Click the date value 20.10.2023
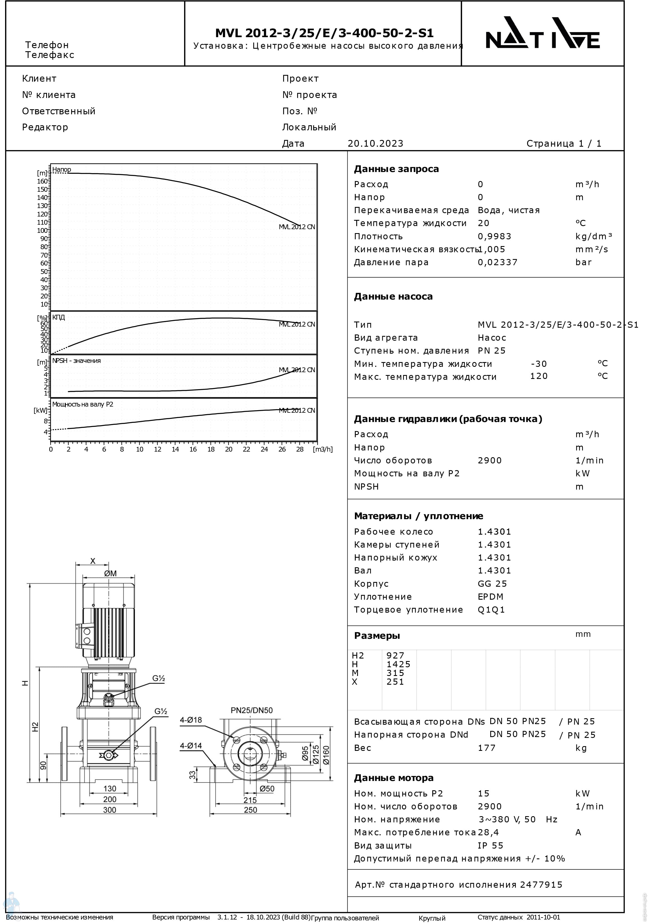(x=375, y=144)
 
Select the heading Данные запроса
(x=396, y=169)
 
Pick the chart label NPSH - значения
(x=77, y=361)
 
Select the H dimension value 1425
(x=398, y=664)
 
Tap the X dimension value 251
(x=395, y=682)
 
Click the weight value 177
(x=486, y=748)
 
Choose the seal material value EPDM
(x=491, y=597)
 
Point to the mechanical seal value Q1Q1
(x=491, y=610)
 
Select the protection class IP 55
(x=491, y=845)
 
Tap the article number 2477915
(x=541, y=885)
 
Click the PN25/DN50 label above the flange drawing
(x=252, y=710)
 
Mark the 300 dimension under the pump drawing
(x=109, y=810)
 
